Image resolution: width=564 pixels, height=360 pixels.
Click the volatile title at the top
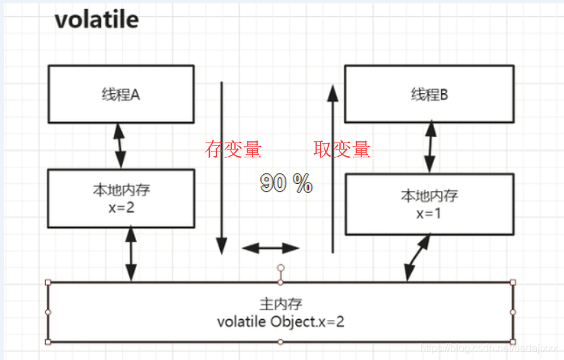[x=96, y=19]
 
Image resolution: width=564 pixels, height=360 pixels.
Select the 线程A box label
[x=121, y=95]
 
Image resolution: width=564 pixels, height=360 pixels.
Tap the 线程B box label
[x=429, y=95]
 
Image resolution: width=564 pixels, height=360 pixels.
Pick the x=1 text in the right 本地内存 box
[x=429, y=212]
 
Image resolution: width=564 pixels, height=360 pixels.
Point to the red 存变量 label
[x=233, y=150]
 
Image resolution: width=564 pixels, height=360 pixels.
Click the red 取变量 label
[x=342, y=150]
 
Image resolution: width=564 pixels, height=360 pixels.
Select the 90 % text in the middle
[x=286, y=184]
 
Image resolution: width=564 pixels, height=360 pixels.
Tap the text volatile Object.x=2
[x=280, y=321]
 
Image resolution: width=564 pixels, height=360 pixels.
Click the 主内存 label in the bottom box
[x=280, y=304]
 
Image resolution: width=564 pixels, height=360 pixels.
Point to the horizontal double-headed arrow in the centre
[x=271, y=248]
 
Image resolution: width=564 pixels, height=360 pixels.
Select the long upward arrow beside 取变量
[x=333, y=168]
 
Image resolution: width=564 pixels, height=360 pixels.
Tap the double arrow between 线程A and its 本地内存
[x=120, y=146]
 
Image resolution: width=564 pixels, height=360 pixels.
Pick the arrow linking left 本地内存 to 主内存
[x=131, y=254]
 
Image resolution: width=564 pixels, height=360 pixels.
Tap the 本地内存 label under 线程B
[x=429, y=196]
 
